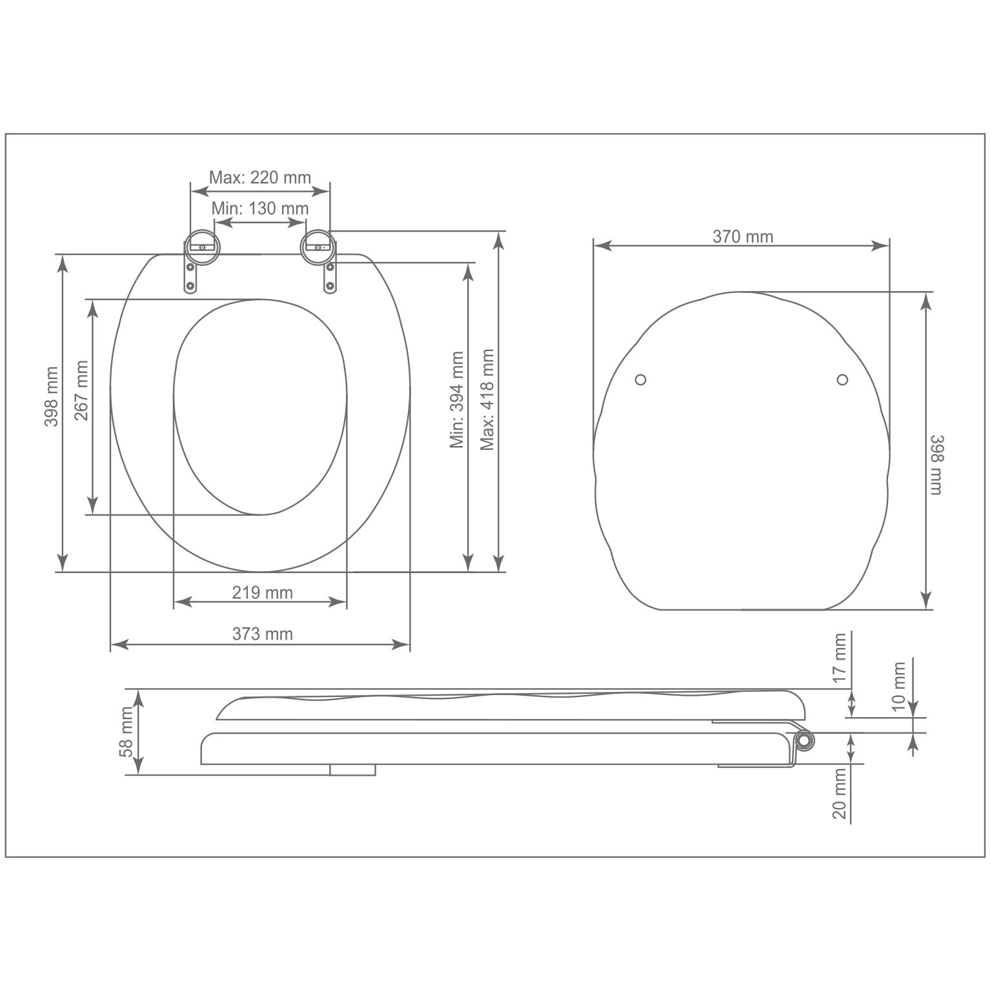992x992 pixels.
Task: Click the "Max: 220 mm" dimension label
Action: (x=259, y=177)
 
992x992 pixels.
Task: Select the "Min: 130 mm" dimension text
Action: (x=259, y=208)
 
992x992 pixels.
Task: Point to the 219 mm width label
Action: (x=262, y=592)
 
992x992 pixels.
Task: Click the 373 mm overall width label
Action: (x=262, y=634)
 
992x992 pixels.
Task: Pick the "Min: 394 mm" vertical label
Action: (x=458, y=400)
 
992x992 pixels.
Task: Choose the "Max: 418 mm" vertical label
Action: (x=487, y=400)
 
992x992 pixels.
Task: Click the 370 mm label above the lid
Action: (x=742, y=236)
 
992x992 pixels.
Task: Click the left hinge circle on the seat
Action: (x=202, y=245)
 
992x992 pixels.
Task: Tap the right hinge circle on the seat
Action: (x=318, y=245)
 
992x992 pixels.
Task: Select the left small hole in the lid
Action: (x=640, y=380)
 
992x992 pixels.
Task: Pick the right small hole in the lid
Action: (x=842, y=380)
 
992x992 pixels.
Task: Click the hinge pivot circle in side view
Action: (x=804, y=741)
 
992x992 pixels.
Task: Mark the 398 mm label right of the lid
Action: (x=936, y=465)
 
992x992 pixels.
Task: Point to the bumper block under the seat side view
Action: (x=352, y=770)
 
